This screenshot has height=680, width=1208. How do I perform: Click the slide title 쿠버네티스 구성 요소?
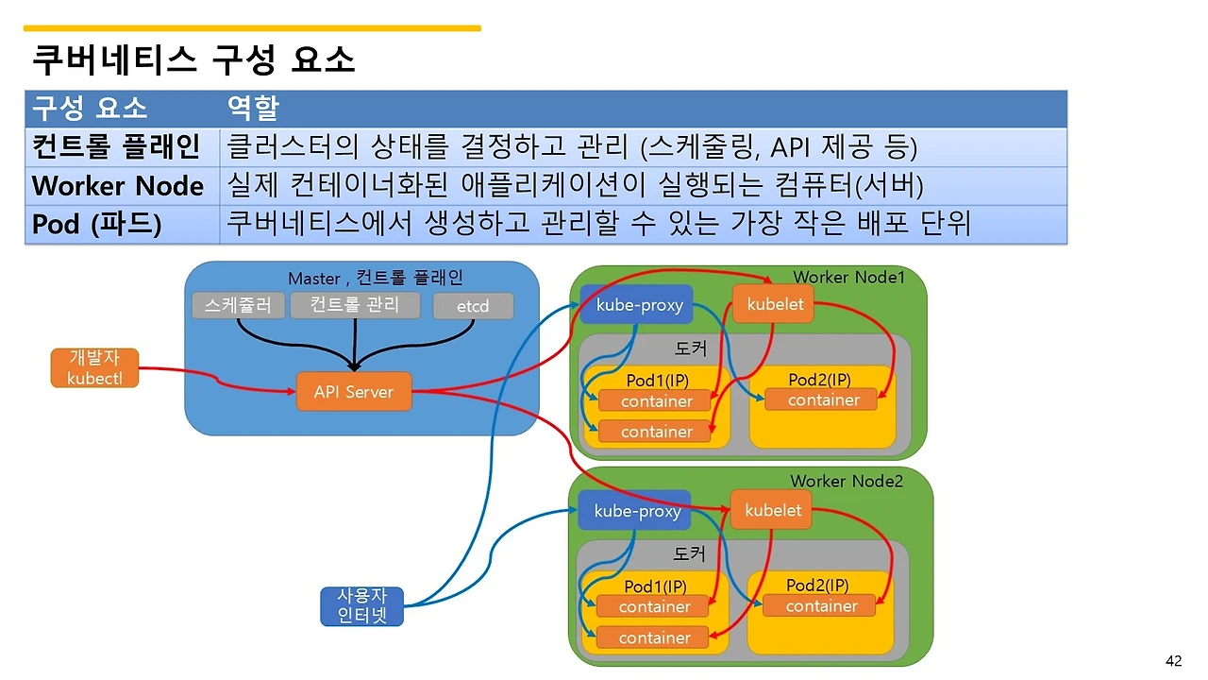[193, 60]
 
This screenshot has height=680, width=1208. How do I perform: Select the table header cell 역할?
[252, 108]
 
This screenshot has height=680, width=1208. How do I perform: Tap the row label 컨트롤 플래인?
[116, 146]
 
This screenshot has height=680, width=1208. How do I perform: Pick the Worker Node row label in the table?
[118, 185]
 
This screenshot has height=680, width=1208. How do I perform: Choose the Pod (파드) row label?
[96, 225]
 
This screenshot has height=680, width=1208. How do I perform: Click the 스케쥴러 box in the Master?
[238, 305]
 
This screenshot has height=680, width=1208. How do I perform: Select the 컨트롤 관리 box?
[354, 304]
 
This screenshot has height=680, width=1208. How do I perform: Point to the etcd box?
[473, 306]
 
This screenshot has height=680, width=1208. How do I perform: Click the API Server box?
[354, 392]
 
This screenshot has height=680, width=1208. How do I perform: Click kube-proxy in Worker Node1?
[638, 305]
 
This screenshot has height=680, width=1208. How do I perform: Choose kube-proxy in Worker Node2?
[636, 511]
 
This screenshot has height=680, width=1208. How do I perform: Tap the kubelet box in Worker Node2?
[772, 511]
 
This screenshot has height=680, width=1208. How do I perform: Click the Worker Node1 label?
[848, 277]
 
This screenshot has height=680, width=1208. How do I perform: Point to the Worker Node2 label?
[847, 482]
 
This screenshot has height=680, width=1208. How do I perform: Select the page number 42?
[1174, 660]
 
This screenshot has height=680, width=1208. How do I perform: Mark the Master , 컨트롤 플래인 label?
[375, 278]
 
